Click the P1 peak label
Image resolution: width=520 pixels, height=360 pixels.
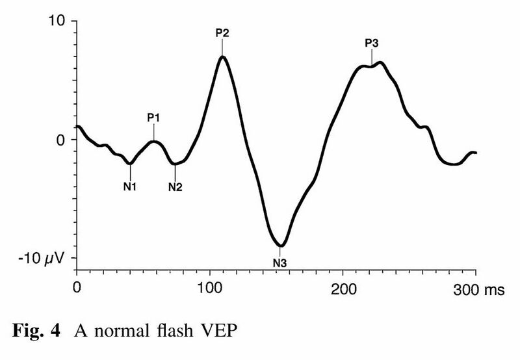tap(153, 118)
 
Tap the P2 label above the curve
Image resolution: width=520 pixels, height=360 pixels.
tap(222, 32)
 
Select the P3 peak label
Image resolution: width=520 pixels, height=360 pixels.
tap(371, 44)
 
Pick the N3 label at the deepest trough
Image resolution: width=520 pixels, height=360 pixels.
tap(279, 263)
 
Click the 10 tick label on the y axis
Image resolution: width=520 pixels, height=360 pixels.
tap(58, 21)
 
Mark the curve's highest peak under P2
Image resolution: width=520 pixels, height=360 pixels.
tap(222, 57)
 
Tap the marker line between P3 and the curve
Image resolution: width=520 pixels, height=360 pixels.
tap(371, 57)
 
